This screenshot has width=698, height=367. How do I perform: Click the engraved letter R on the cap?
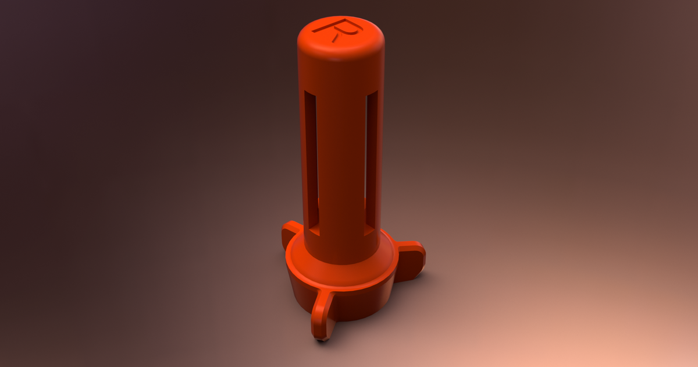(341, 29)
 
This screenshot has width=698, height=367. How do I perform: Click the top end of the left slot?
(311, 95)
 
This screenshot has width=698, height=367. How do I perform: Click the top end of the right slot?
(372, 95)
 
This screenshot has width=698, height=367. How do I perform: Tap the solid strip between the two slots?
(341, 163)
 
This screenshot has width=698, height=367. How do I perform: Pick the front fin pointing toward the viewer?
(322, 315)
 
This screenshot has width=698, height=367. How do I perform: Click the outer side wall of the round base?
(361, 303)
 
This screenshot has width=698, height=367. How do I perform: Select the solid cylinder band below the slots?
(341, 248)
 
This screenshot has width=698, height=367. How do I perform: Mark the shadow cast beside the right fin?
(428, 274)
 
